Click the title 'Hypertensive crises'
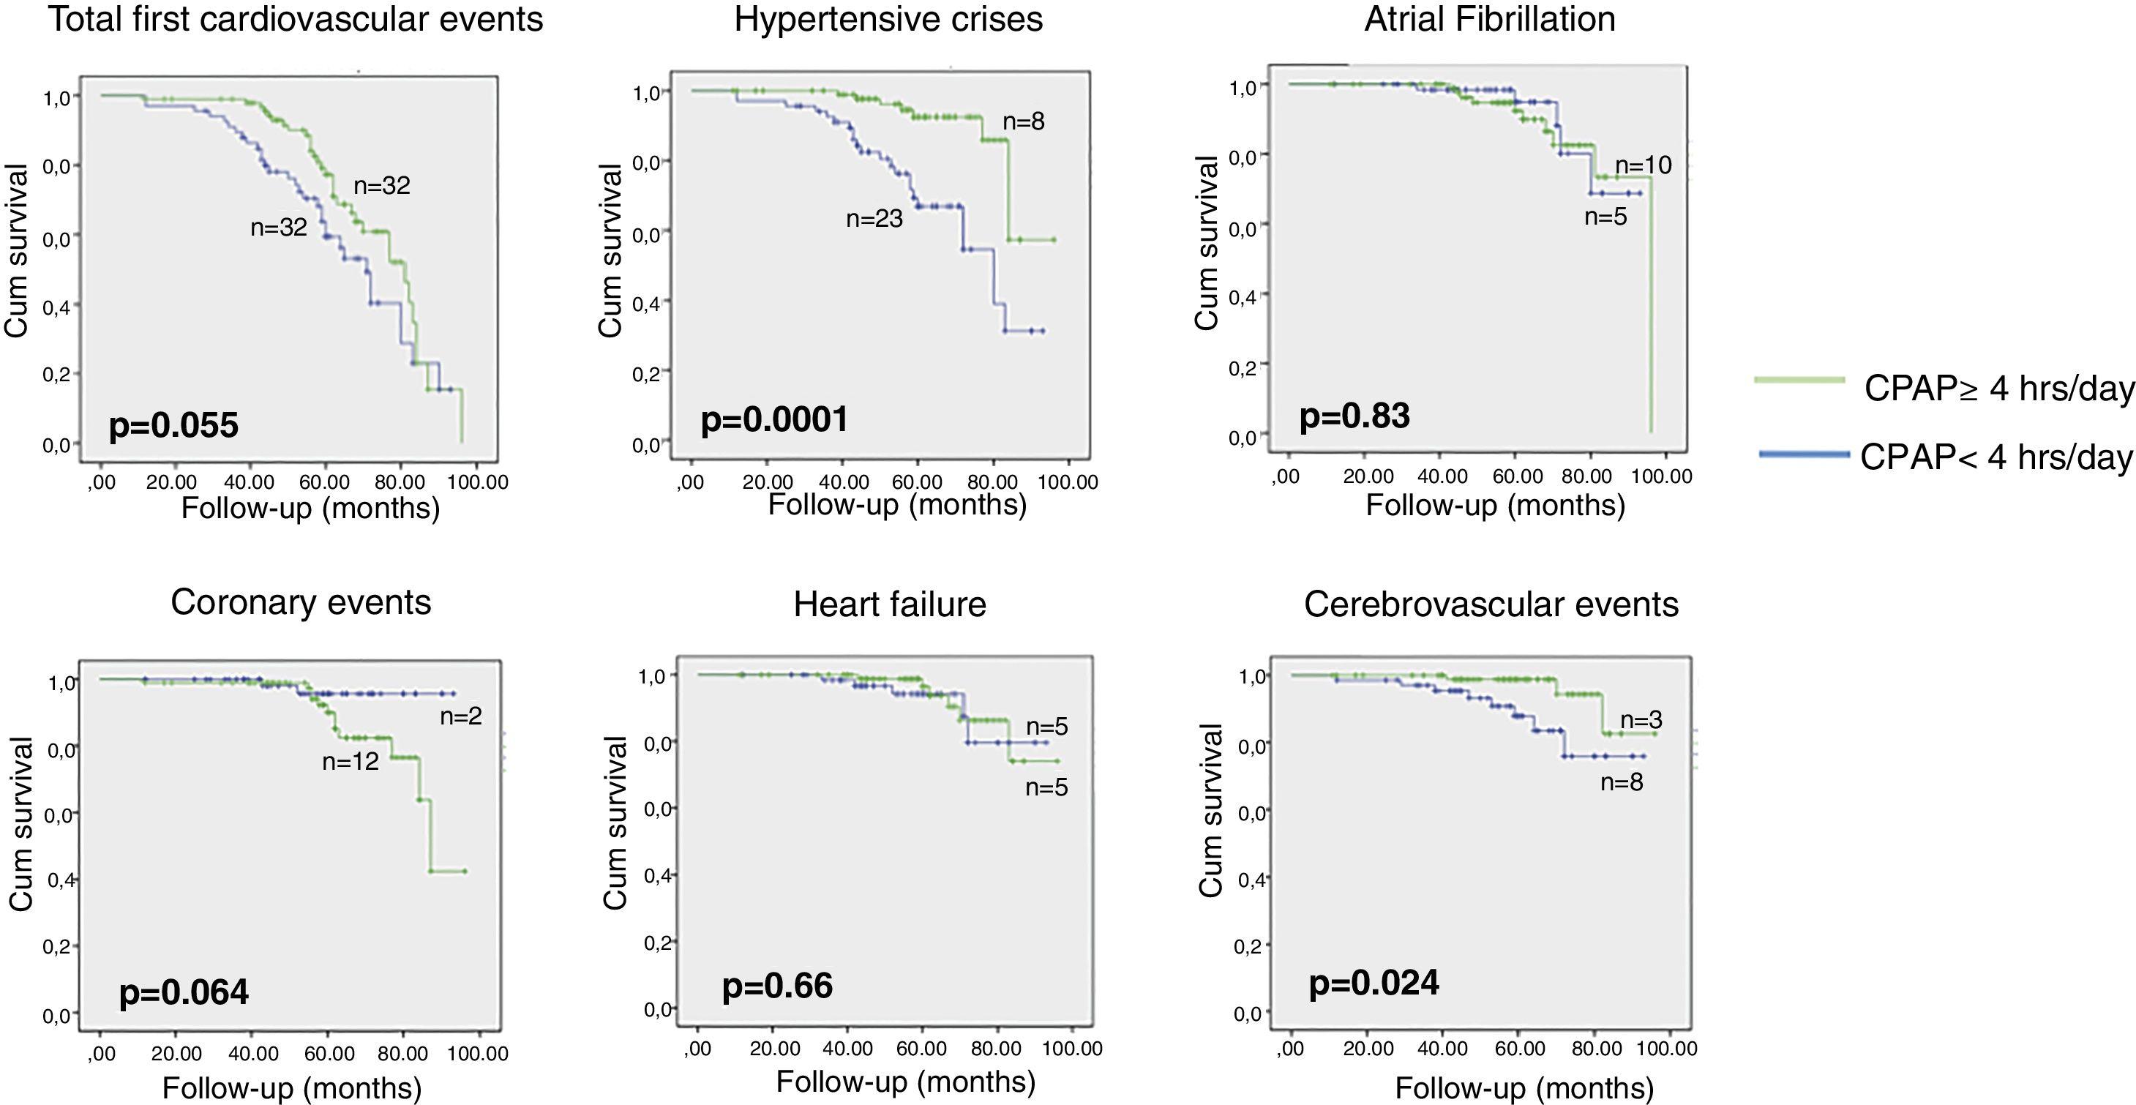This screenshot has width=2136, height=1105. tap(888, 19)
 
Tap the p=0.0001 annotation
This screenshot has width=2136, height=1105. tap(774, 419)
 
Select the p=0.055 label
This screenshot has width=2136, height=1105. tap(173, 425)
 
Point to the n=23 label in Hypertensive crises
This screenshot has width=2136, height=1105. tap(874, 219)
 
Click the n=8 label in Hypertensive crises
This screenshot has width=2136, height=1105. tap(1023, 122)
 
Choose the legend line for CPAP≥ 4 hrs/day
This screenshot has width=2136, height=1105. tap(1799, 381)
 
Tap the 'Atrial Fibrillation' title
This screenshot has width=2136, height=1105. tap(1489, 19)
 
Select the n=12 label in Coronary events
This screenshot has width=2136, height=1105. tap(350, 761)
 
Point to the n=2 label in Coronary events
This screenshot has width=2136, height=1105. tap(460, 716)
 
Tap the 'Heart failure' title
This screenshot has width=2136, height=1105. tap(890, 604)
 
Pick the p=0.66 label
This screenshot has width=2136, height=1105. tap(777, 986)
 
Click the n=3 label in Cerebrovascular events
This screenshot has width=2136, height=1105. tap(1641, 720)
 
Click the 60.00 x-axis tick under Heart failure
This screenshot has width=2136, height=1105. tap(921, 1049)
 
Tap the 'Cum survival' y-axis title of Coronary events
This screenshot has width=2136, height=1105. tap(20, 825)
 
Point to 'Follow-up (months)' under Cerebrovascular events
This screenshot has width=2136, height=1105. tap(1524, 1087)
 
